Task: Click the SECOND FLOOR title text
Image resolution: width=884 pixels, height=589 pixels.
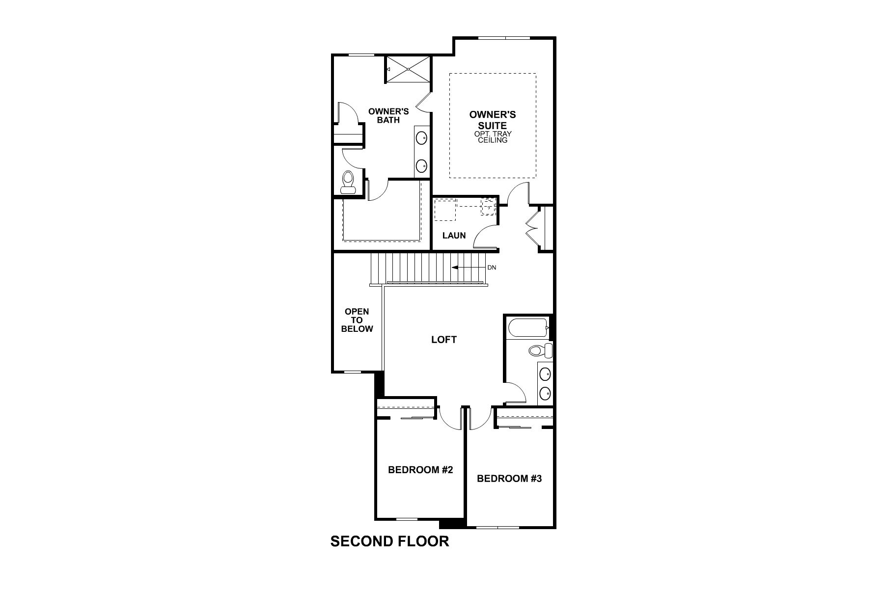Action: click(x=389, y=541)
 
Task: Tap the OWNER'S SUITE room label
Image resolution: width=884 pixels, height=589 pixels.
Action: click(x=492, y=120)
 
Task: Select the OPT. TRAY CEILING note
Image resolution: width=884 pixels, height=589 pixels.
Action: click(x=493, y=137)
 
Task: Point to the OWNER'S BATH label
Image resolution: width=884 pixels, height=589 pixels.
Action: click(x=388, y=116)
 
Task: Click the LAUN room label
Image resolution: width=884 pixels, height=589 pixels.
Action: click(x=454, y=236)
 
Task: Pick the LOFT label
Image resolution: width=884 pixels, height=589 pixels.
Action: click(x=444, y=340)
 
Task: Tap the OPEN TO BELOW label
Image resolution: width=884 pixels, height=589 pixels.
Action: click(x=357, y=320)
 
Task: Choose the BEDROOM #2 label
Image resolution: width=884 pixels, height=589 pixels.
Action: click(x=420, y=470)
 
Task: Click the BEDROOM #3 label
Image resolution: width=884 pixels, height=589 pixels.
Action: click(x=509, y=478)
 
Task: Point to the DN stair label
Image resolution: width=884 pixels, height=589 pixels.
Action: click(x=492, y=268)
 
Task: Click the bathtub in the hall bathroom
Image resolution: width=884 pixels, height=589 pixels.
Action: click(x=527, y=328)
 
